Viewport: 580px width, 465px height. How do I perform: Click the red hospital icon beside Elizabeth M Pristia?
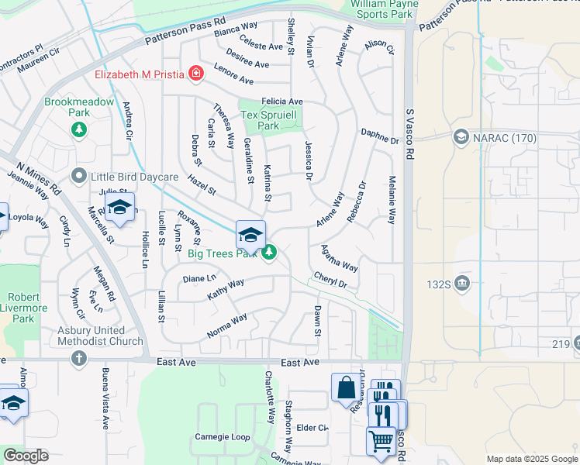(x=195, y=74)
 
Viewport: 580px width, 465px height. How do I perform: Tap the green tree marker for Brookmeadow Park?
(x=78, y=129)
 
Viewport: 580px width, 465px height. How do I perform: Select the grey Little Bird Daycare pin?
(x=78, y=177)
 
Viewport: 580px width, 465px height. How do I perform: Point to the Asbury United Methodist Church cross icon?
(x=78, y=357)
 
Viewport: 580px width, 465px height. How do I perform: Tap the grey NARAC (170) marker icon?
(x=461, y=138)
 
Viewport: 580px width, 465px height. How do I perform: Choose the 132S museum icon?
(x=463, y=282)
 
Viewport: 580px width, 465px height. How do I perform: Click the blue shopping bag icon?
(x=346, y=387)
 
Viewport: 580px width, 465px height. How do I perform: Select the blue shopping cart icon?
(x=381, y=440)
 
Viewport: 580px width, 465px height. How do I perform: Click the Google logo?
(x=26, y=456)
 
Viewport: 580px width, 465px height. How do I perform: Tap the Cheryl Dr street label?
(x=330, y=280)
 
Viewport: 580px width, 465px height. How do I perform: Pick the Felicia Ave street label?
(x=281, y=102)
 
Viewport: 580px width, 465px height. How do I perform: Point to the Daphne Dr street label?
(x=379, y=136)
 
